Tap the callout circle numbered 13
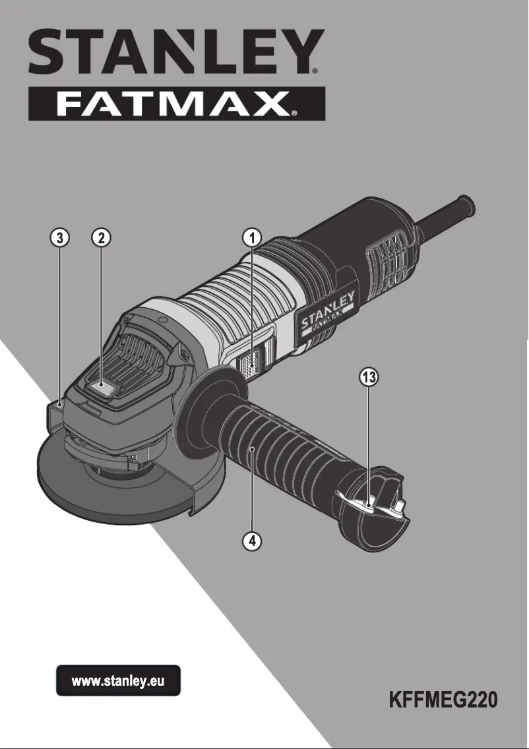pos(368,378)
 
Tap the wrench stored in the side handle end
pos(359,502)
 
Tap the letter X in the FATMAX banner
pos(277,104)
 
